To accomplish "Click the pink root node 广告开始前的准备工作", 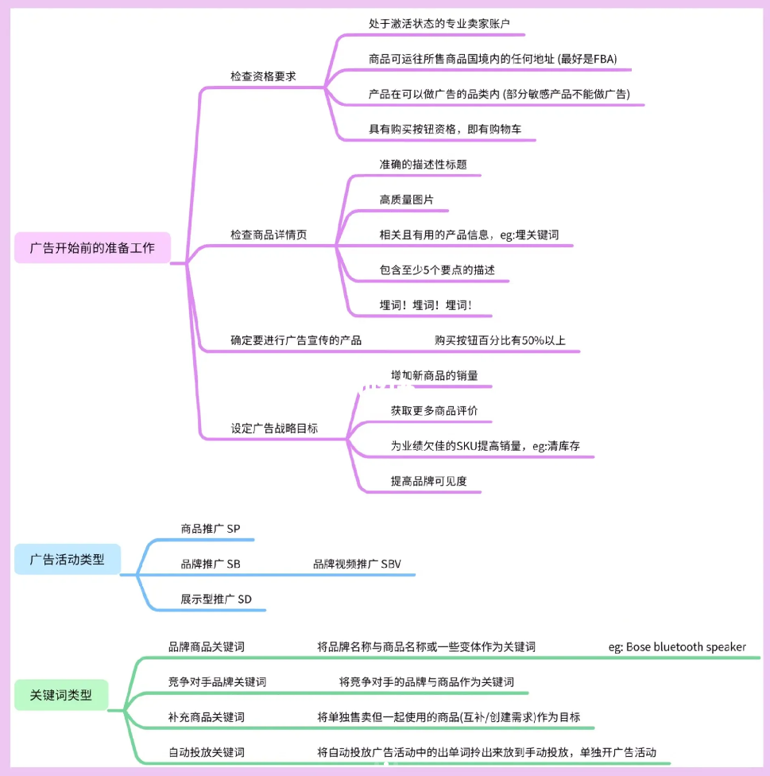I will (92, 248).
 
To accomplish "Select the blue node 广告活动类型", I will (67, 559).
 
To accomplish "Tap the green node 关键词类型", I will (60, 696).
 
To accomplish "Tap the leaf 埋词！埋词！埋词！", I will (425, 305).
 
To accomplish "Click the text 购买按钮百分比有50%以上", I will (500, 340).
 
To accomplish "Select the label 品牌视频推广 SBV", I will (357, 564).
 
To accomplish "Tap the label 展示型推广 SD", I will (216, 599).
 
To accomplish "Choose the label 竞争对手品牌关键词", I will (217, 681).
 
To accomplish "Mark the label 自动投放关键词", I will (206, 751).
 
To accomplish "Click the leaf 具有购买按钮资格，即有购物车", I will (445, 129).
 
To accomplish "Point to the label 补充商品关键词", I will (206, 716).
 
